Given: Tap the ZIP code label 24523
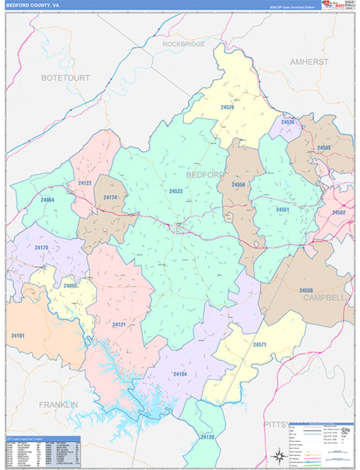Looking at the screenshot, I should [x=175, y=190].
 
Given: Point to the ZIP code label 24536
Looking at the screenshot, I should [x=287, y=122].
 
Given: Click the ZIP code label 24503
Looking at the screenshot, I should [x=325, y=147].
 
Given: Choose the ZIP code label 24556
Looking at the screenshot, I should [x=238, y=185].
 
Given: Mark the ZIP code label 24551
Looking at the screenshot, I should [x=283, y=210].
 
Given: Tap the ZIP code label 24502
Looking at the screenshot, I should [x=339, y=212].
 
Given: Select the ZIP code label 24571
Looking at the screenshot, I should [x=260, y=344].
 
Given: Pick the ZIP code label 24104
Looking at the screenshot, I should [x=180, y=375].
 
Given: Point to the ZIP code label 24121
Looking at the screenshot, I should [x=118, y=324].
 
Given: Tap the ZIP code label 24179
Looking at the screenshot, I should [x=41, y=248].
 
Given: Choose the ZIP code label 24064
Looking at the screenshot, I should [x=48, y=201].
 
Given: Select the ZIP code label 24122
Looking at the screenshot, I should [x=85, y=183].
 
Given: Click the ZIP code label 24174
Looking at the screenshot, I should [x=110, y=197].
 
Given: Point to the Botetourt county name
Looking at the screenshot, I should [x=66, y=78].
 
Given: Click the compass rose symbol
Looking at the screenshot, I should [x=278, y=454].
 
